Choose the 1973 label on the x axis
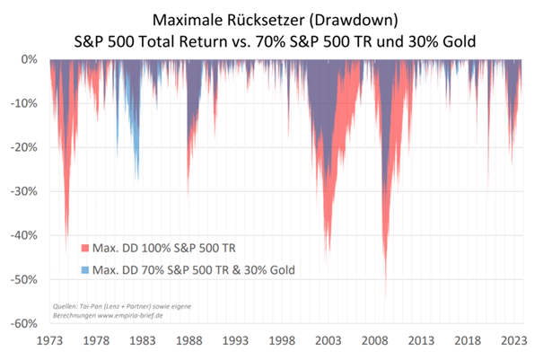click(x=50, y=341)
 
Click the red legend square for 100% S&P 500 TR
click(x=84, y=247)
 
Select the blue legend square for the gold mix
click(x=84, y=268)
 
